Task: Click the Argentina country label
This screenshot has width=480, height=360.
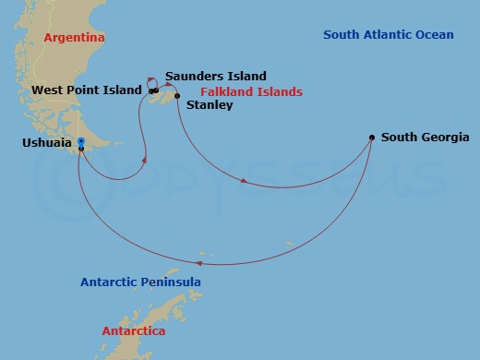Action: click(73, 38)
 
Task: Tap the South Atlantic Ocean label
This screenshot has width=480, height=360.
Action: click(389, 35)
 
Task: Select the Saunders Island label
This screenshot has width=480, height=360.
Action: click(216, 77)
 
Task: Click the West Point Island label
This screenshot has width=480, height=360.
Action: click(87, 90)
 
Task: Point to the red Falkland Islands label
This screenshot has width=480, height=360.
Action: click(251, 92)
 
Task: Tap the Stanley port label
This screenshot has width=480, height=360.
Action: click(210, 106)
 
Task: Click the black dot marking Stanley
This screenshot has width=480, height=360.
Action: click(176, 96)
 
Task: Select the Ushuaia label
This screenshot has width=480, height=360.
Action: click(47, 143)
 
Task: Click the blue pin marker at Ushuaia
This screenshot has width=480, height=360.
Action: click(81, 142)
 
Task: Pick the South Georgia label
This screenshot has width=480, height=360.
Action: click(426, 138)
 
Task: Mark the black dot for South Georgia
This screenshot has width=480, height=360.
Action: click(372, 138)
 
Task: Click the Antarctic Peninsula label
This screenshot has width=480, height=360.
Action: click(140, 282)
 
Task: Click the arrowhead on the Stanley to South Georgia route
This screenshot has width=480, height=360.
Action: click(244, 181)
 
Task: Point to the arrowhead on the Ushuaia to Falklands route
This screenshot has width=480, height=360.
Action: click(143, 160)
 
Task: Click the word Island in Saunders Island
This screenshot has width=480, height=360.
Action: click(246, 77)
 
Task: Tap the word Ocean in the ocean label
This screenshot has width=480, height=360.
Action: click(432, 35)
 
